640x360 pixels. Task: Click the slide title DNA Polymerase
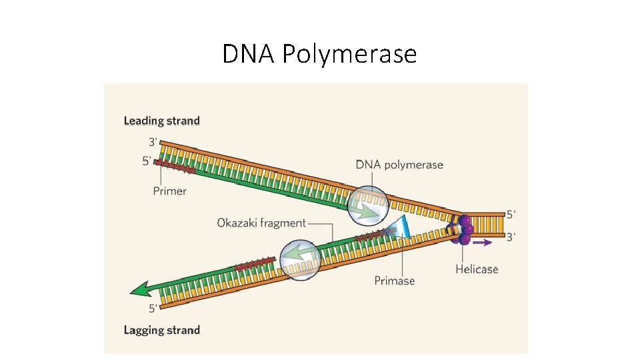coord(319,53)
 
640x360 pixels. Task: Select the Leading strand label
coord(161,121)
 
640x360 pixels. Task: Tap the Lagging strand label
coord(161,330)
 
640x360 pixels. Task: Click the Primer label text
coord(170,191)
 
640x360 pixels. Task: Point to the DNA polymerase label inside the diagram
coord(399,165)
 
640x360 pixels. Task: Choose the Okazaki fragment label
coord(261,223)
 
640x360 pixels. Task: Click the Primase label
coord(395,281)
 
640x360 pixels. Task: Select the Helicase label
coord(477,269)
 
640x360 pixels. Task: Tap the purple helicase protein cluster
coord(464,227)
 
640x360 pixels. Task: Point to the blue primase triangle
coord(401,227)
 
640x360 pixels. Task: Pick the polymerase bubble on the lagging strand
coord(299,259)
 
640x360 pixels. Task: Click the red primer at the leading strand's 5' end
coord(175,167)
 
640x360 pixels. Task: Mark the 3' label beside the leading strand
coord(153,142)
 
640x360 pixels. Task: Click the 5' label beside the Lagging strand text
coord(153,308)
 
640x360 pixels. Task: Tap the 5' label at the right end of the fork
coord(511,215)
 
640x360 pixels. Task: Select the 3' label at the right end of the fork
coord(511,235)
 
